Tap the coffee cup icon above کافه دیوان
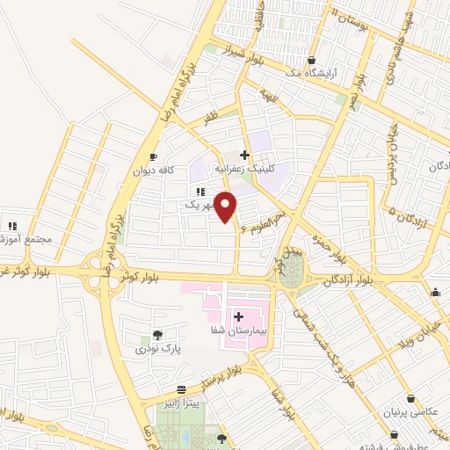(x=154, y=156)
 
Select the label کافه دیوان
(x=156, y=171)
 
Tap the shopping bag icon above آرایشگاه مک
(x=311, y=61)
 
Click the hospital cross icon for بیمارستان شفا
(x=238, y=316)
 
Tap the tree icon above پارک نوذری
(x=156, y=334)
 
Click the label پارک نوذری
(x=156, y=349)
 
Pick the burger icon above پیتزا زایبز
(x=180, y=389)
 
